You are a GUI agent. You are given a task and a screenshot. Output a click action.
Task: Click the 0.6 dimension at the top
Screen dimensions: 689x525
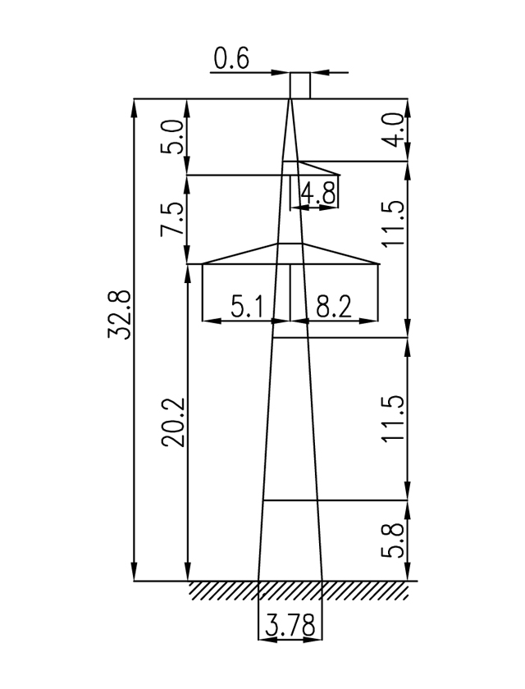[x=231, y=59]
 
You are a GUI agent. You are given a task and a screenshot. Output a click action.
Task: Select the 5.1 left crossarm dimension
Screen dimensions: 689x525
[x=247, y=308]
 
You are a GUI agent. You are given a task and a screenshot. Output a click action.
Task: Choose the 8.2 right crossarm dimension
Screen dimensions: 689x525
[x=333, y=308]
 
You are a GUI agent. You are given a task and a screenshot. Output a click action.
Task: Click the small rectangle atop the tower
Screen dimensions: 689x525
[x=300, y=85]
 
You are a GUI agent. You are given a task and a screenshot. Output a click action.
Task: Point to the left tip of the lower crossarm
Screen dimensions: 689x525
[x=203, y=263]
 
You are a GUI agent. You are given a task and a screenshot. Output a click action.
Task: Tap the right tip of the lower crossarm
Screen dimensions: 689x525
[x=380, y=263]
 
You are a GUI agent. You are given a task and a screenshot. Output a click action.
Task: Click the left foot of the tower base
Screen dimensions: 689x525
[x=258, y=580]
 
